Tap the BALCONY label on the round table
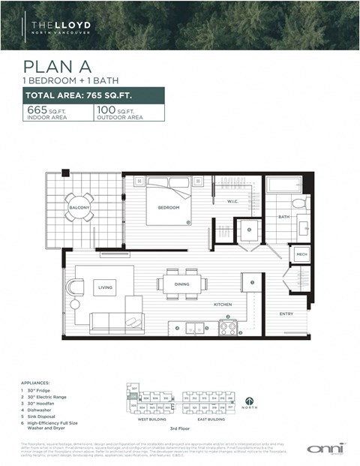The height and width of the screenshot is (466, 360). tap(79, 207)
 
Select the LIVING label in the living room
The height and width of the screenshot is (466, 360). tap(104, 287)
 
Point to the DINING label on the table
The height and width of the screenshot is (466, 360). tap(182, 284)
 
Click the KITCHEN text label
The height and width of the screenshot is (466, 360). tap(221, 305)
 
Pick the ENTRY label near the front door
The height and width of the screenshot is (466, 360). tap(286, 314)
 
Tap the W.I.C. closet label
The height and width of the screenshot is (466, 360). tap(232, 201)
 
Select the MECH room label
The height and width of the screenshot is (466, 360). tap(301, 255)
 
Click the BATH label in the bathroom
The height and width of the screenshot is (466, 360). tap(283, 217)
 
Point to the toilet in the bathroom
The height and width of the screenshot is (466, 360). tap(298, 203)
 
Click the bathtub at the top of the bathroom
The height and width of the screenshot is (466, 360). tap(283, 185)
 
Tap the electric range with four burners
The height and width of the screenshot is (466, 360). tap(228, 327)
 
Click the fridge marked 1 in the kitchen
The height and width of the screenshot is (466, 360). tap(251, 283)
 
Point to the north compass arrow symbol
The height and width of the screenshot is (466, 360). tap(250, 399)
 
